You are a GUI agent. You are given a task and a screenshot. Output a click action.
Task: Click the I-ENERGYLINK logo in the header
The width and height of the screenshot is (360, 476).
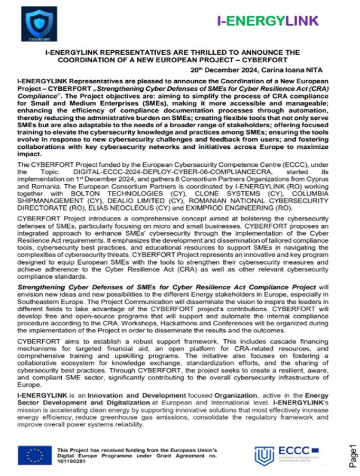click(x=268, y=21)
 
